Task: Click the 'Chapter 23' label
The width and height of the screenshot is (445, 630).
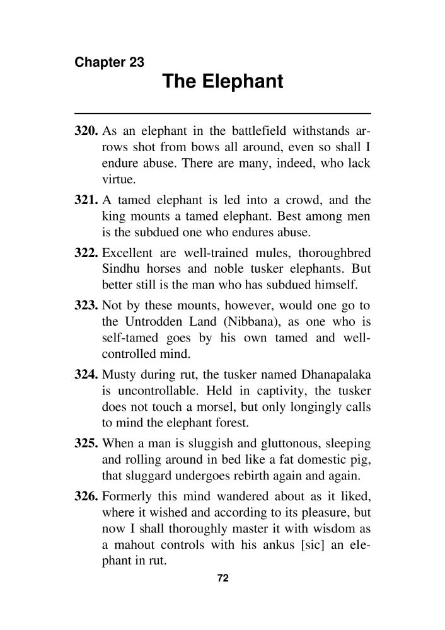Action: click(x=109, y=62)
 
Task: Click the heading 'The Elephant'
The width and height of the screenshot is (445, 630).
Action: click(x=222, y=82)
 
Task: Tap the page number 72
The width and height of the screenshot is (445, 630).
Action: click(x=222, y=579)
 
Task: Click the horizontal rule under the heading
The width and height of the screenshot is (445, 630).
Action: click(x=222, y=113)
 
